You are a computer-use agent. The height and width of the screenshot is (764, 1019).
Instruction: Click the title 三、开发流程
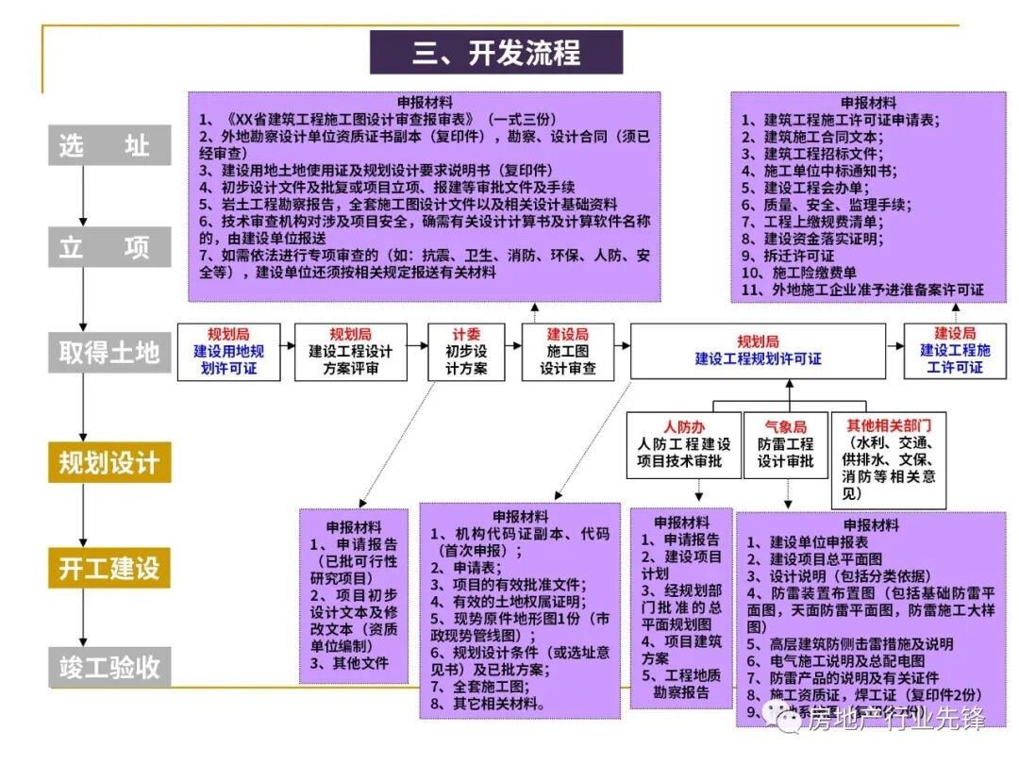tap(496, 52)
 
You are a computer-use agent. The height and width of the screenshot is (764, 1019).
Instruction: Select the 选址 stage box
tap(109, 145)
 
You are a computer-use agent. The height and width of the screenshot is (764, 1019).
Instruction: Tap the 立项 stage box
tap(109, 248)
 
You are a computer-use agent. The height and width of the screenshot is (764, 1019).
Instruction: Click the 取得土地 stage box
tap(109, 352)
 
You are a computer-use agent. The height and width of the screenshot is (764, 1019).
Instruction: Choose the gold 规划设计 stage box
tap(109, 463)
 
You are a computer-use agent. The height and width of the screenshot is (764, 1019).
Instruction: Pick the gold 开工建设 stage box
tap(109, 569)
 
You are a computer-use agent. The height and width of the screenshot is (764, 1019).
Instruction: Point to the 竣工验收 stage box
tap(109, 668)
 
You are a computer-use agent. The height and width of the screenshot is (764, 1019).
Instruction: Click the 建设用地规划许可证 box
tap(229, 352)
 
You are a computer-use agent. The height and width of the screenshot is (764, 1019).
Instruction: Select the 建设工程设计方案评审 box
tap(350, 352)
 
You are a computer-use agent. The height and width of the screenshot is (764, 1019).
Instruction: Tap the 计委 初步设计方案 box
tap(466, 352)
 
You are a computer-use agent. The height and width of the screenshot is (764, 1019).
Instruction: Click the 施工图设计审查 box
tap(567, 352)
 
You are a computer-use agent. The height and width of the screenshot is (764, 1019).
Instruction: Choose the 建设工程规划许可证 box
tap(758, 352)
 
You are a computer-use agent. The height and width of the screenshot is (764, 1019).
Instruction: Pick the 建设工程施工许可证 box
tap(955, 352)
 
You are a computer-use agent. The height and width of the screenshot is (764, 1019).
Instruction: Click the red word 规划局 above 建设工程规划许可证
tap(758, 341)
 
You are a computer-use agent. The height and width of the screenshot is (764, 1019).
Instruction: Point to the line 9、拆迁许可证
tap(787, 256)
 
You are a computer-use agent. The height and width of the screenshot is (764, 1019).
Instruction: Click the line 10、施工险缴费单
tap(796, 273)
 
